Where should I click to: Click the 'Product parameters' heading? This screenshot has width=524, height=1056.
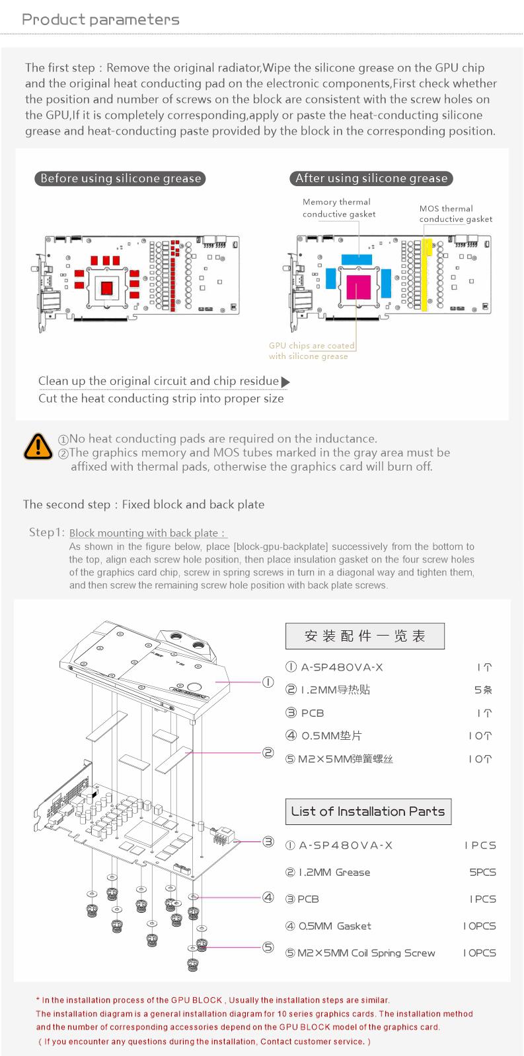pyautogui.click(x=100, y=19)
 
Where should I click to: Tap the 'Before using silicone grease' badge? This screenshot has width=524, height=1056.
pyautogui.click(x=120, y=178)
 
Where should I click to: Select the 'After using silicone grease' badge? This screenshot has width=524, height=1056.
pyautogui.click(x=371, y=178)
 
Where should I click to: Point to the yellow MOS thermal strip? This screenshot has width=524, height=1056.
pyautogui.click(x=427, y=274)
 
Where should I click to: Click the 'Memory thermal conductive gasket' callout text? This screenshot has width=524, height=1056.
pyautogui.click(x=338, y=208)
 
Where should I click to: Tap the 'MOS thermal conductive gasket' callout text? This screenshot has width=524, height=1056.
pyautogui.click(x=455, y=214)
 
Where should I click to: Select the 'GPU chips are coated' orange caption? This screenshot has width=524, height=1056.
pyautogui.click(x=311, y=346)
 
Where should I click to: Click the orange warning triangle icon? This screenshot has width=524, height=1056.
pyautogui.click(x=38, y=447)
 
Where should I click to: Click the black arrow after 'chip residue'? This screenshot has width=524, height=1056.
pyautogui.click(x=285, y=381)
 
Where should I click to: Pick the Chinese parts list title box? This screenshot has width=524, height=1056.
pyautogui.click(x=365, y=636)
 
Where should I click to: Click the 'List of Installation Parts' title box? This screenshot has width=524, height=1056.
pyautogui.click(x=368, y=811)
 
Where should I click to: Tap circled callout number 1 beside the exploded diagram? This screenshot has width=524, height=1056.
pyautogui.click(x=268, y=682)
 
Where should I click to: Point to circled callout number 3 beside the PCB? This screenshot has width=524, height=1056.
pyautogui.click(x=268, y=841)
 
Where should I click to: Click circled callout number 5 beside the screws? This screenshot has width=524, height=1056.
pyautogui.click(x=268, y=947)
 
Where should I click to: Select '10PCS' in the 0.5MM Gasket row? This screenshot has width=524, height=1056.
pyautogui.click(x=479, y=926)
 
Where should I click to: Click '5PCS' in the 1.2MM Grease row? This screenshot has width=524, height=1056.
pyautogui.click(x=482, y=873)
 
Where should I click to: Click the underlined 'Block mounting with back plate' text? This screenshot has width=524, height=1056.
pyautogui.click(x=148, y=533)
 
